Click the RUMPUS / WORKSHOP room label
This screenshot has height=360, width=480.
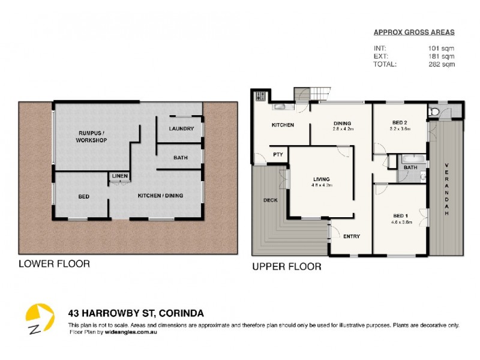[x=92, y=136]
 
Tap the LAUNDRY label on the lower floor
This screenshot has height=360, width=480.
[x=181, y=128]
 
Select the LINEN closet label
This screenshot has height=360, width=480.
[x=118, y=176]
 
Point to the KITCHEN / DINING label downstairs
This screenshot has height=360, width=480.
[x=160, y=196]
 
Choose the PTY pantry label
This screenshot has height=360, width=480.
[x=278, y=154]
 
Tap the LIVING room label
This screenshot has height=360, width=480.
[x=322, y=178]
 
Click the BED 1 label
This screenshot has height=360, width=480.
[x=398, y=215]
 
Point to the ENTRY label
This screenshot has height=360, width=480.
[x=351, y=236]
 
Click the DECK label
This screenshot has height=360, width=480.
[x=270, y=200]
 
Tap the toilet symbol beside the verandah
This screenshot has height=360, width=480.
[x=434, y=112]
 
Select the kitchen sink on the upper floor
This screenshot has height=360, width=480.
[x=280, y=107]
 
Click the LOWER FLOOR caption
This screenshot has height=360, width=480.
[x=54, y=263]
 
